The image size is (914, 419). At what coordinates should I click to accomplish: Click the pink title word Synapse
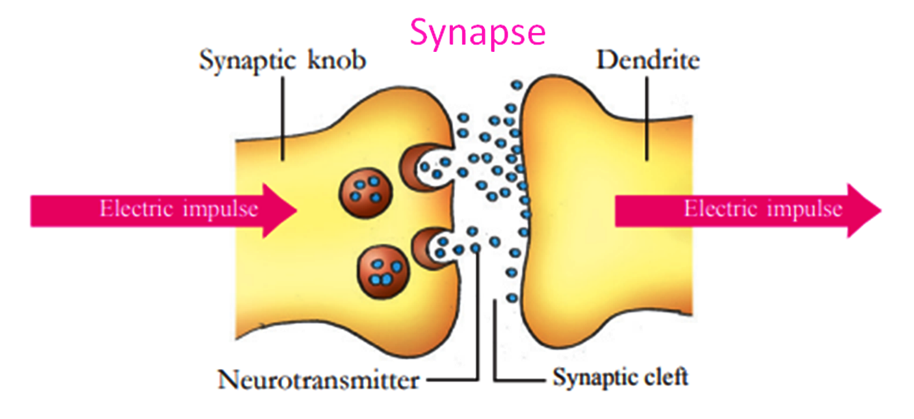[x=477, y=31]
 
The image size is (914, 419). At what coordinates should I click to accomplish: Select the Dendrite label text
[x=647, y=61]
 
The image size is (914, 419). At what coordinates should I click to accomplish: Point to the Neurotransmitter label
[x=319, y=380]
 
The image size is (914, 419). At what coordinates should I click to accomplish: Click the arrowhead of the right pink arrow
[x=865, y=210]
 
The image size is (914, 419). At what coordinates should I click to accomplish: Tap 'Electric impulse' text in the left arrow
[x=179, y=209]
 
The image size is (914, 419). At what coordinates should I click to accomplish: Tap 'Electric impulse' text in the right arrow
[x=762, y=209]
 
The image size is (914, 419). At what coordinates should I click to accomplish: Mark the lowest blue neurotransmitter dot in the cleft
[x=512, y=297]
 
